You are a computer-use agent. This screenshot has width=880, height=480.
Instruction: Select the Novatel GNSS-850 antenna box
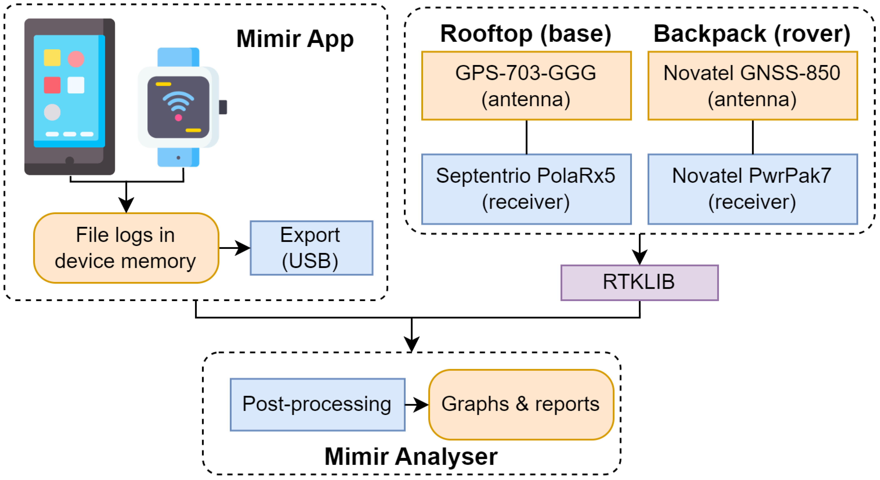(x=753, y=86)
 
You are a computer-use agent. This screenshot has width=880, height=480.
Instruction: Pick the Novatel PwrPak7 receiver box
(x=753, y=189)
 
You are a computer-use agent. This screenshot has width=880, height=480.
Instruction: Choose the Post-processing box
(x=317, y=404)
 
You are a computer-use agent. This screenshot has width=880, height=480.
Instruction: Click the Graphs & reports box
(x=521, y=404)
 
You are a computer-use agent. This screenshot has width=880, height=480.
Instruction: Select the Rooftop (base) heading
(x=526, y=34)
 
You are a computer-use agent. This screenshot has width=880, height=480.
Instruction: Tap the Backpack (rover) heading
(x=752, y=34)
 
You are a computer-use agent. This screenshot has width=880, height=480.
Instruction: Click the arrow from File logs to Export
(x=234, y=248)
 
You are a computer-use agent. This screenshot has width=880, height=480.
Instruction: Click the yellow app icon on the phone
(x=52, y=58)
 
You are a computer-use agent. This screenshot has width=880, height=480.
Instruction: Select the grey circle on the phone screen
(x=52, y=112)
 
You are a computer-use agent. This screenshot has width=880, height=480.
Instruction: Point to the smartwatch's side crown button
(x=223, y=107)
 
